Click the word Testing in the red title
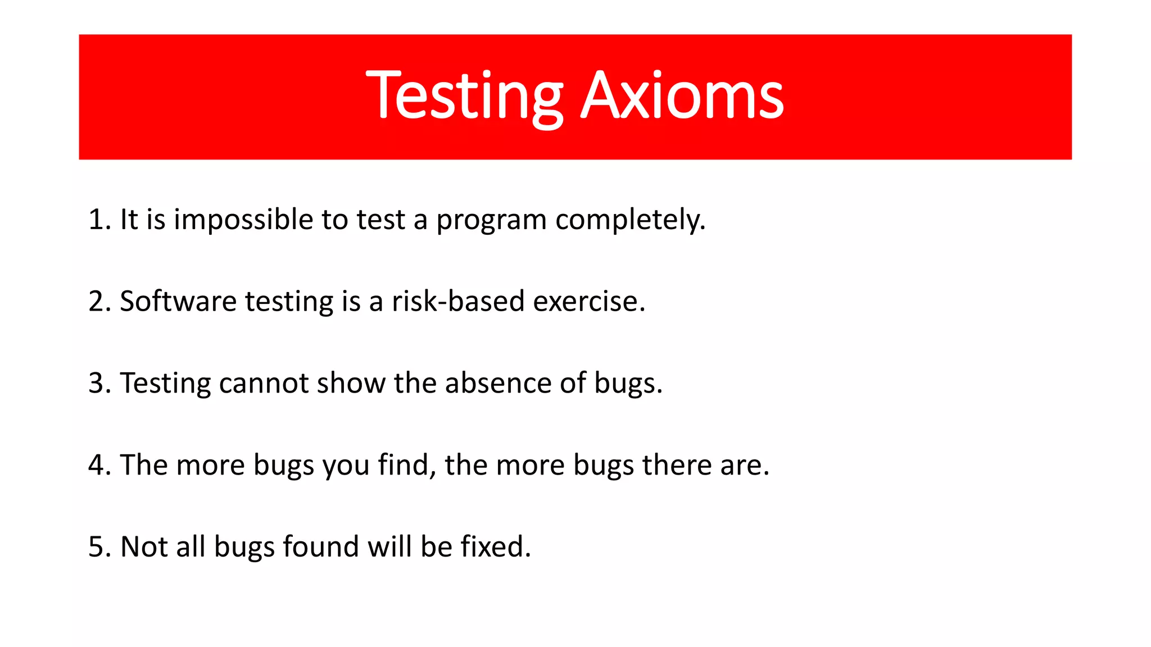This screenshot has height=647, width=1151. pos(464,97)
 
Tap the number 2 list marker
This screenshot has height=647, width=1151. pos(97,302)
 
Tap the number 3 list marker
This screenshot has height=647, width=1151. pos(97,384)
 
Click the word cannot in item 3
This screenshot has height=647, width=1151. pos(264,384)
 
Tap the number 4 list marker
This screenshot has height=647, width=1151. pos(97,466)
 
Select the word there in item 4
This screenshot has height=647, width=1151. pos(677,466)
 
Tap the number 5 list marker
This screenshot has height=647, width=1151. pos(97,547)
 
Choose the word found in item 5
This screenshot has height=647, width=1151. pos(320,547)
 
